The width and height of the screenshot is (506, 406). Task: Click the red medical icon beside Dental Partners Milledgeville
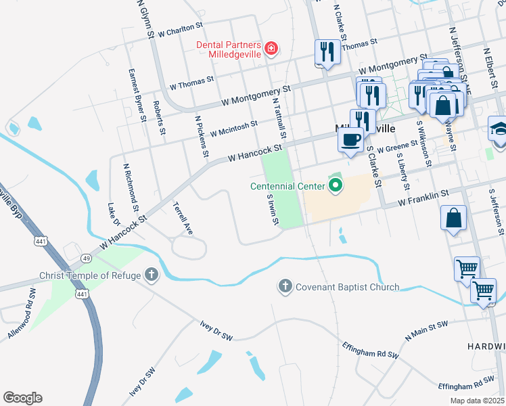pyautogui.click(x=271, y=48)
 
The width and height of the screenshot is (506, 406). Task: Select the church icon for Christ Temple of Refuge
pyautogui.click(x=152, y=275)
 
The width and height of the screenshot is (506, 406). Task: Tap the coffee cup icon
pyautogui.click(x=350, y=140)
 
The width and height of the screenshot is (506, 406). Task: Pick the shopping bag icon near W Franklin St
pyautogui.click(x=453, y=219)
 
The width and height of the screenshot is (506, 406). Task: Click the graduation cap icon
pyautogui.click(x=499, y=129)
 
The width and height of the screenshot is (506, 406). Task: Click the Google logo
pyautogui.click(x=22, y=398)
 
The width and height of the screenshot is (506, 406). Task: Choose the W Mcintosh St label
pyautogui.click(x=233, y=128)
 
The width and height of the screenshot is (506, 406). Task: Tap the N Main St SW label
pyautogui.click(x=427, y=330)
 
